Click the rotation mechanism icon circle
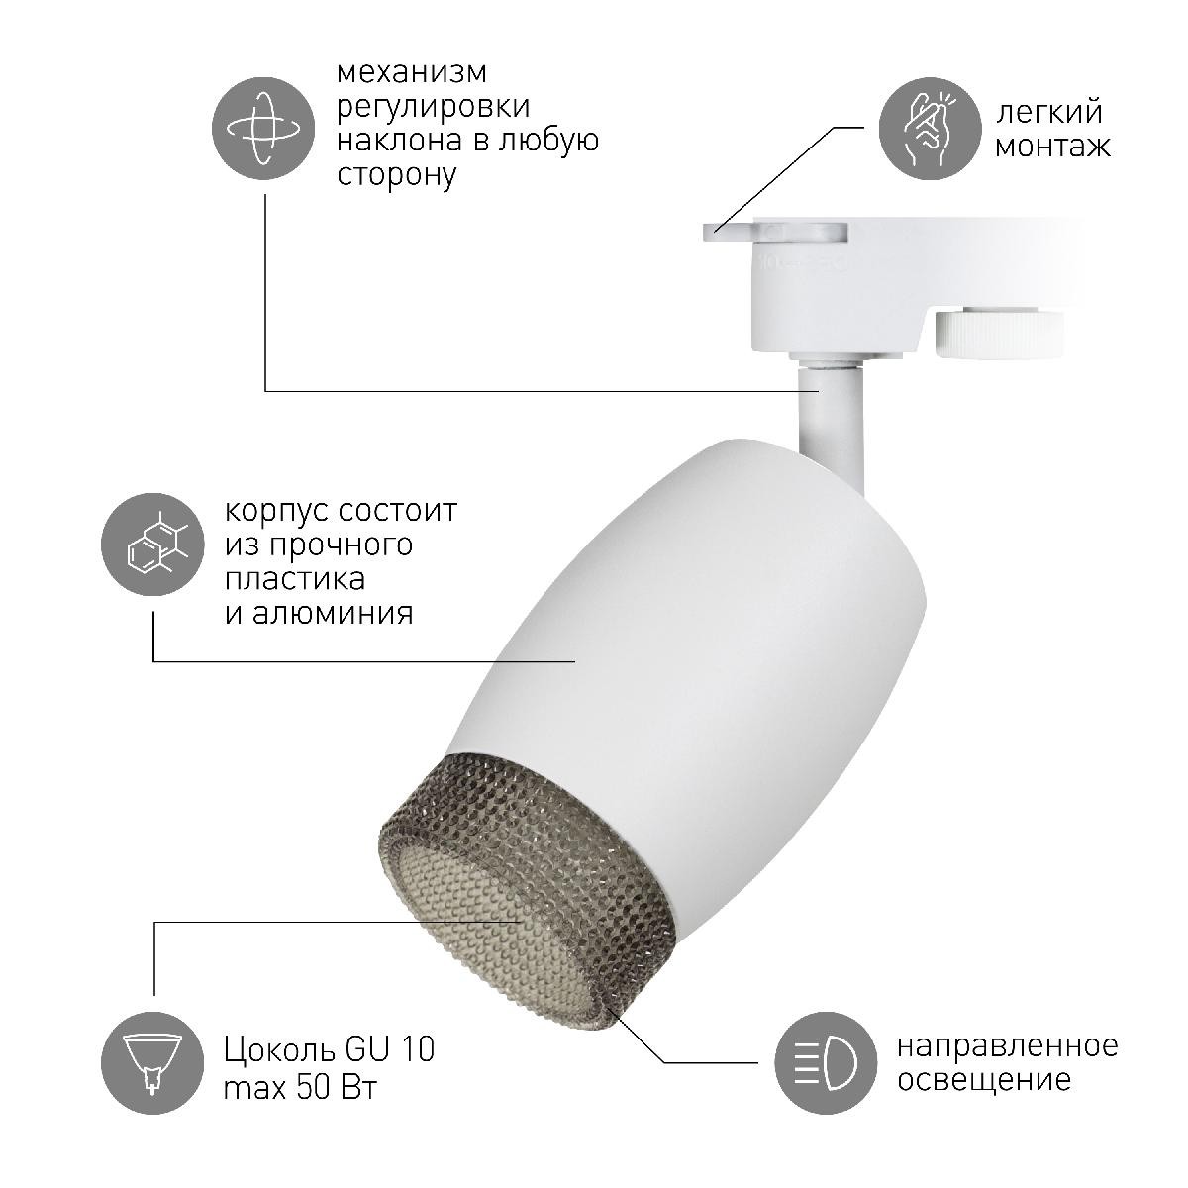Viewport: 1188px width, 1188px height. (263, 129)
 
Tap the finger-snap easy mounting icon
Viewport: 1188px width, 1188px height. (930, 129)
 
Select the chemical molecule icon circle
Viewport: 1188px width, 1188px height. (152, 544)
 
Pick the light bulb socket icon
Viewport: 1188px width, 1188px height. (152, 1063)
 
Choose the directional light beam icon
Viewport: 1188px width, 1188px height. (826, 1063)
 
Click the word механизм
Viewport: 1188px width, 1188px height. (411, 72)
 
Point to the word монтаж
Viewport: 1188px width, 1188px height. (1052, 147)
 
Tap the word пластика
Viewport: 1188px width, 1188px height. (295, 579)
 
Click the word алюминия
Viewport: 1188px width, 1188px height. (333, 614)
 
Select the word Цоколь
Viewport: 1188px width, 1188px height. (278, 1049)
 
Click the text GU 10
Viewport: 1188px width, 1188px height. (390, 1048)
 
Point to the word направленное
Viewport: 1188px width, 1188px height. (1007, 1046)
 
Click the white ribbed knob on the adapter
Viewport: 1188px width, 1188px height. (999, 335)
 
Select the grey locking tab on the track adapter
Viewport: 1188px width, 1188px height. (775, 232)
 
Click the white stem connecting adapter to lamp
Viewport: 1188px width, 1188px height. (831, 426)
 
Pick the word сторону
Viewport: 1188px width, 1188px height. (396, 175)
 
